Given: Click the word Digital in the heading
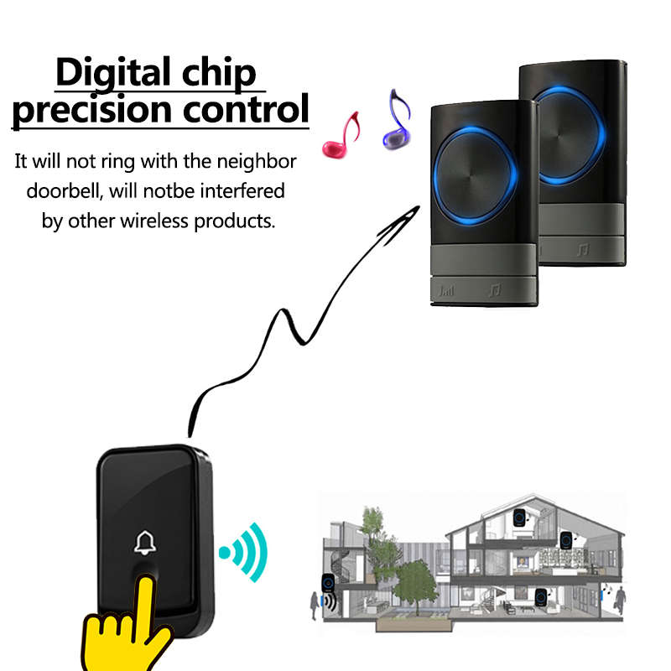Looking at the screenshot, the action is click(x=113, y=74).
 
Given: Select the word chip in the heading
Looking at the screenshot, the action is click(x=219, y=74).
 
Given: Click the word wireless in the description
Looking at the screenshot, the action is click(x=154, y=221).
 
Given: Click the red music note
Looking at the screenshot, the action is click(x=341, y=135).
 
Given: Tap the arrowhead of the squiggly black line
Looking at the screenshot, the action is click(x=402, y=221).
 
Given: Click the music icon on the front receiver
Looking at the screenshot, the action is click(x=495, y=290).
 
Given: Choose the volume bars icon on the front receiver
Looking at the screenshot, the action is click(x=446, y=290).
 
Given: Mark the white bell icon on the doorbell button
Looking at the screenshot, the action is click(x=145, y=543).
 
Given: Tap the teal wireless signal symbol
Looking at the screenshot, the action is click(x=244, y=553).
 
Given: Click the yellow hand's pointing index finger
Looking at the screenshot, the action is click(x=144, y=602).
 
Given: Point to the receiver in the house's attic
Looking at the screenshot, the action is click(x=519, y=518).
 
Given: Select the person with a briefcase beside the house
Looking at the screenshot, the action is click(x=618, y=601).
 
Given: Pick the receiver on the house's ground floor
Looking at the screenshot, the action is click(x=541, y=597).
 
